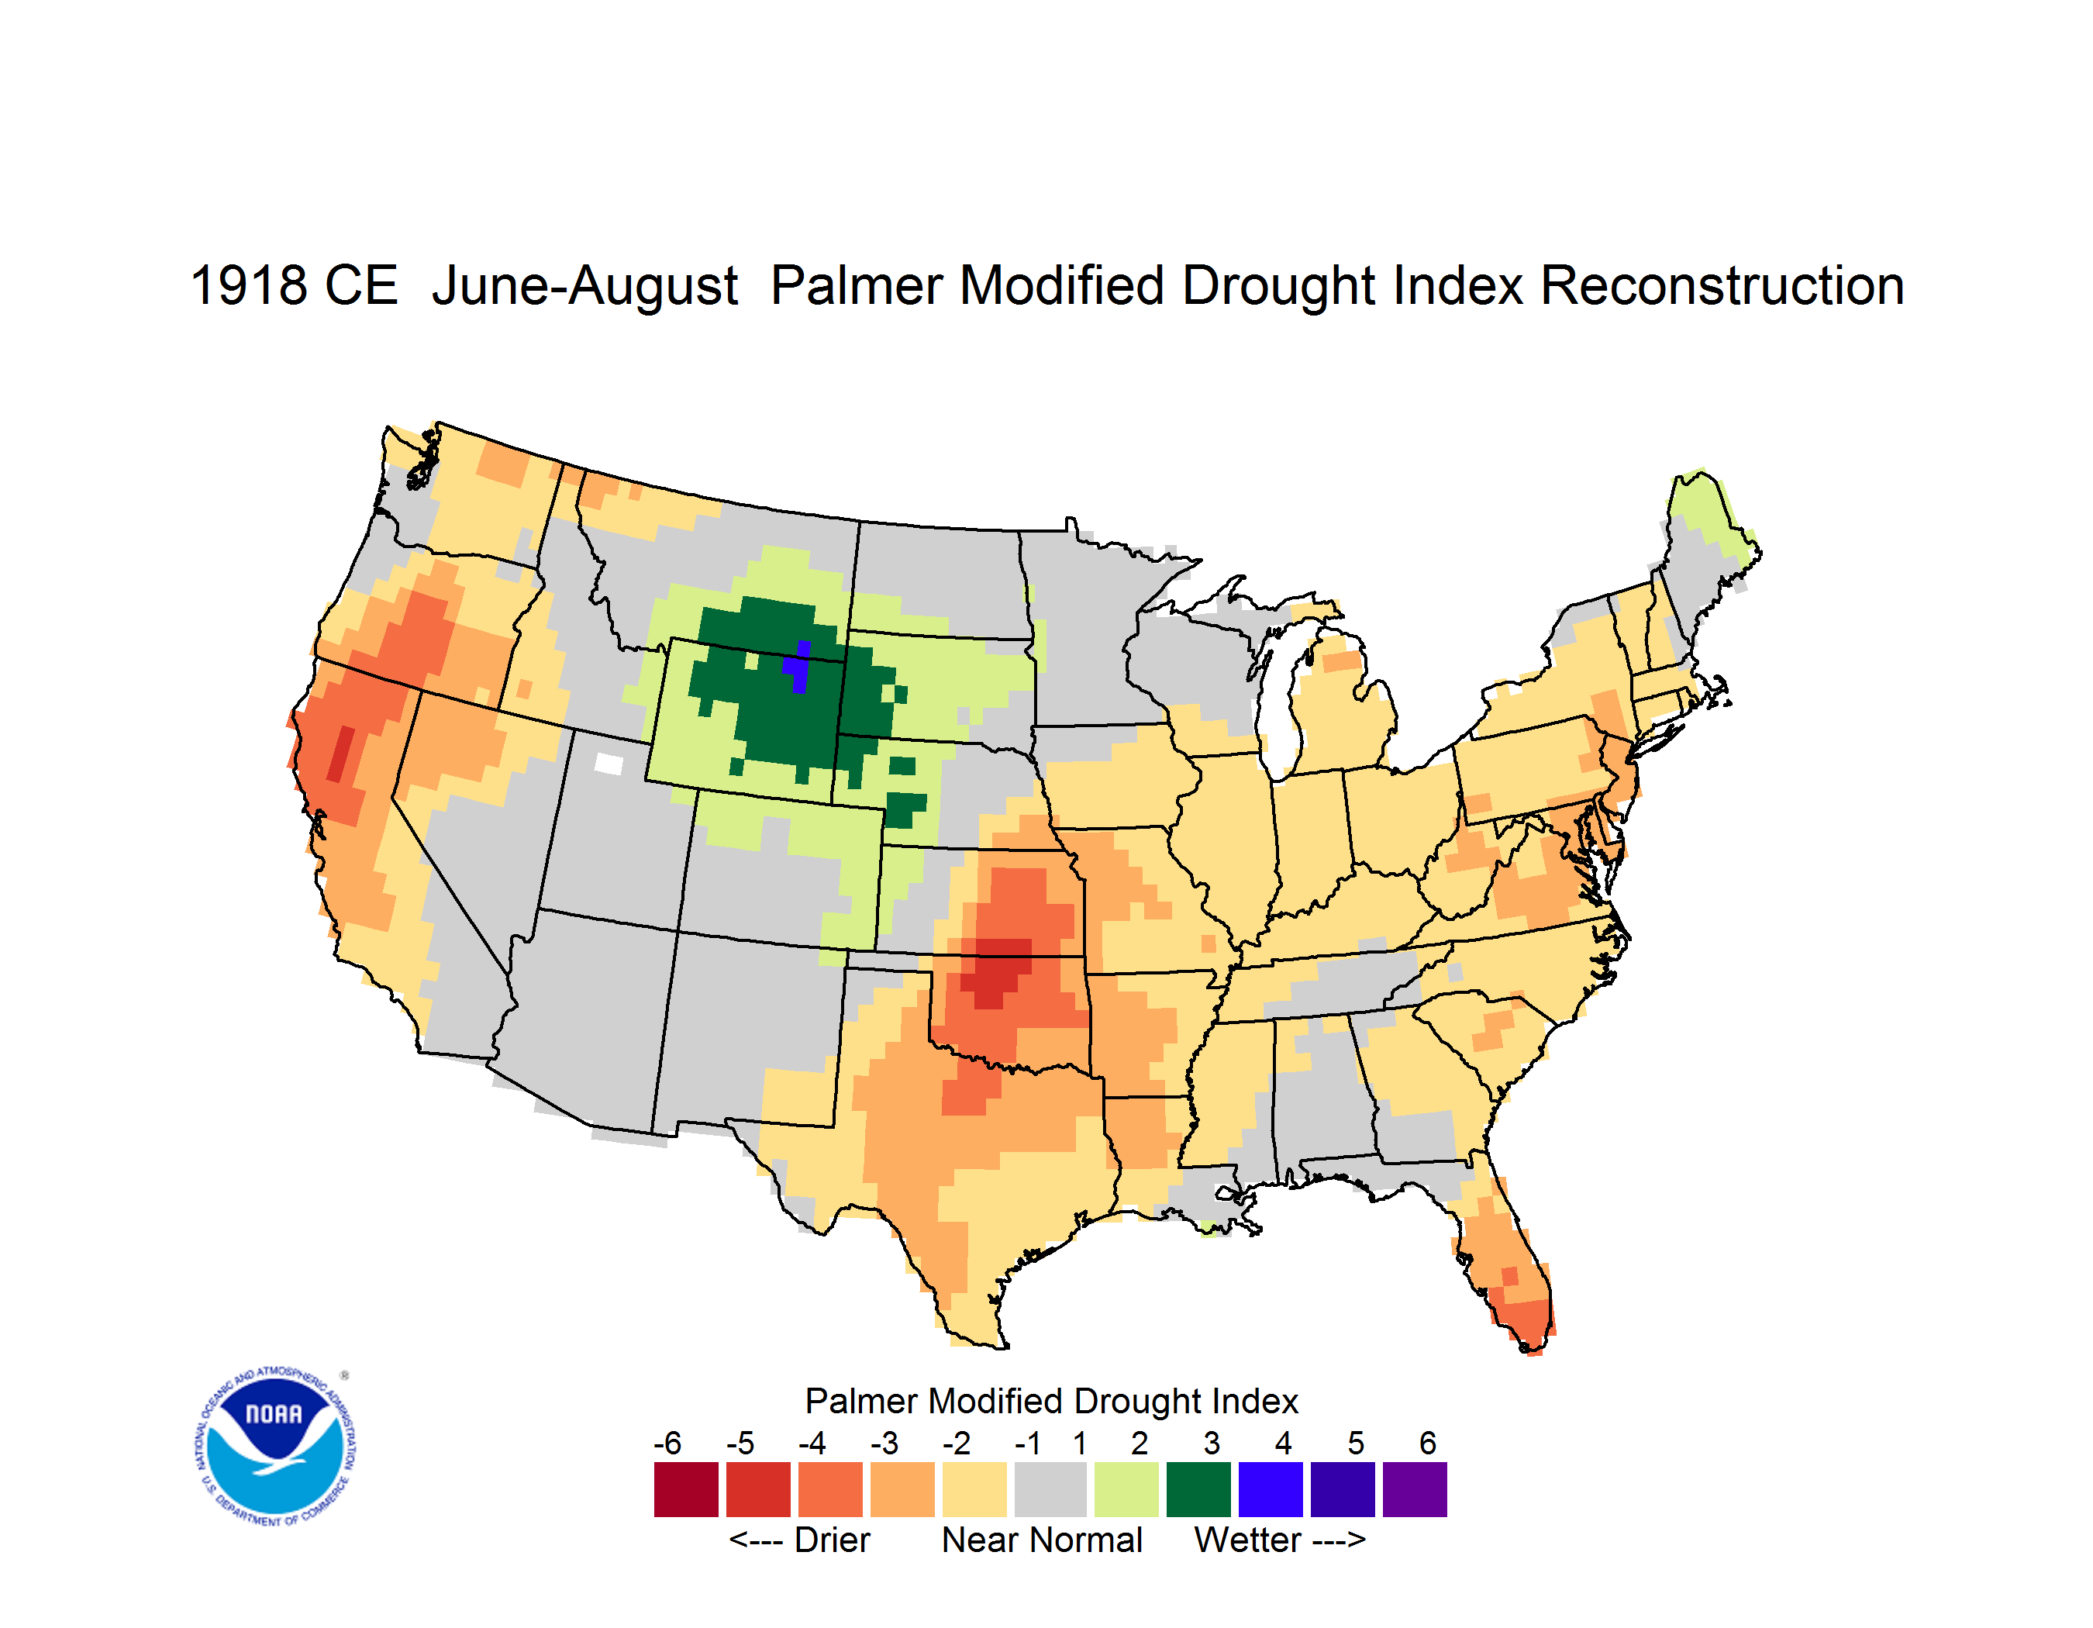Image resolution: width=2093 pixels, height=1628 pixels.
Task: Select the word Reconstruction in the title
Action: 1722,285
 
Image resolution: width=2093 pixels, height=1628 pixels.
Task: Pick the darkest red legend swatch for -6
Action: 686,1489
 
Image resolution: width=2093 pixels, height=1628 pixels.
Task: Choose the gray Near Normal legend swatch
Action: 1050,1489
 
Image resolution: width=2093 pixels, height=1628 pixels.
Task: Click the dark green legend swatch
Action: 1198,1489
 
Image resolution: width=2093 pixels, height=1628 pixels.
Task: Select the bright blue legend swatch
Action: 1271,1489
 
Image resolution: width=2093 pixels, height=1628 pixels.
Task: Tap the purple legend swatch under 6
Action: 1415,1489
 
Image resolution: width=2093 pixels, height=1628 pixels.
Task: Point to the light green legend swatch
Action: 1126,1489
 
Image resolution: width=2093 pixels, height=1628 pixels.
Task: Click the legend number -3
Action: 884,1443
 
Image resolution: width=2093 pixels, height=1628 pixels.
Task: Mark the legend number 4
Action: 1283,1443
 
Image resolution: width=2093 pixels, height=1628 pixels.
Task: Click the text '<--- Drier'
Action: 799,1540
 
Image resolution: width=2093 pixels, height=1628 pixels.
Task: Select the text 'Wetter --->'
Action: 1279,1540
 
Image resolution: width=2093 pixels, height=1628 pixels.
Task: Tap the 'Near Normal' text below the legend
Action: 1042,1540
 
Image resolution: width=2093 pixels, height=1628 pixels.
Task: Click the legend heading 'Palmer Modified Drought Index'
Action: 1051,1401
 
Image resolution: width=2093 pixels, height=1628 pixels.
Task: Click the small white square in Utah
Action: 609,764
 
